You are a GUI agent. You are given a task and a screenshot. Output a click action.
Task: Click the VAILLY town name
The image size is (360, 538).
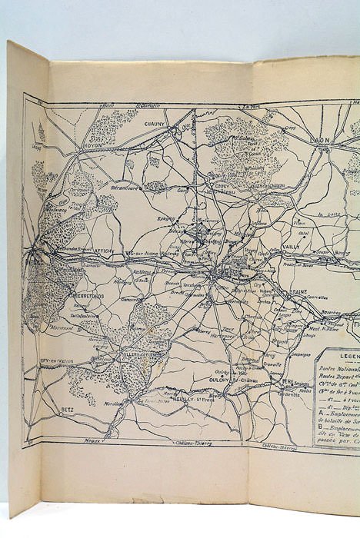291,247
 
